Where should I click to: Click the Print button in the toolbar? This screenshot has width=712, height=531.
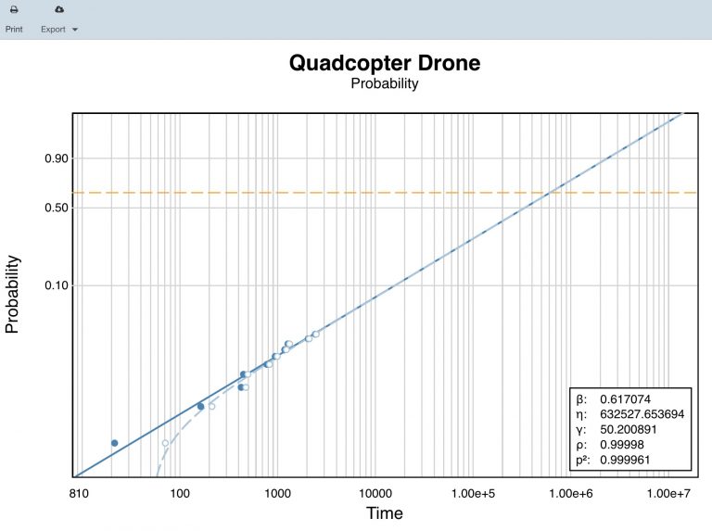[14, 18]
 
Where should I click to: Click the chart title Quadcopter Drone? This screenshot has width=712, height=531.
[384, 63]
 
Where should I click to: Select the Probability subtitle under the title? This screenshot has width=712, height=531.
[384, 84]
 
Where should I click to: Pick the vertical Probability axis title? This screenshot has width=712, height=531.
[14, 295]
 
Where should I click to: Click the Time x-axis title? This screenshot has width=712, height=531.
[384, 513]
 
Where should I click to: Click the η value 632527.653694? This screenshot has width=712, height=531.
[642, 414]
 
